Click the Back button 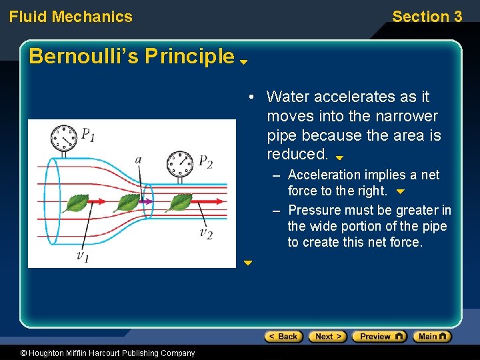coord(284,337)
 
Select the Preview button coord(379,337)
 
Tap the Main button coord(432,337)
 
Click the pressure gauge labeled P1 coord(65,138)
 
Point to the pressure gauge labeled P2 coord(179,162)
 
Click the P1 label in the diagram coord(88,135)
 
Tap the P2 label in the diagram coord(205,162)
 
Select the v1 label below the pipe coord(82,256)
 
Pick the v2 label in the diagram coord(205,233)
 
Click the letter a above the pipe coord(138,160)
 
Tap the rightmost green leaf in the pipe coord(180,201)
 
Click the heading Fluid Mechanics coord(71,17)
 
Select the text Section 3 coord(427,17)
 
